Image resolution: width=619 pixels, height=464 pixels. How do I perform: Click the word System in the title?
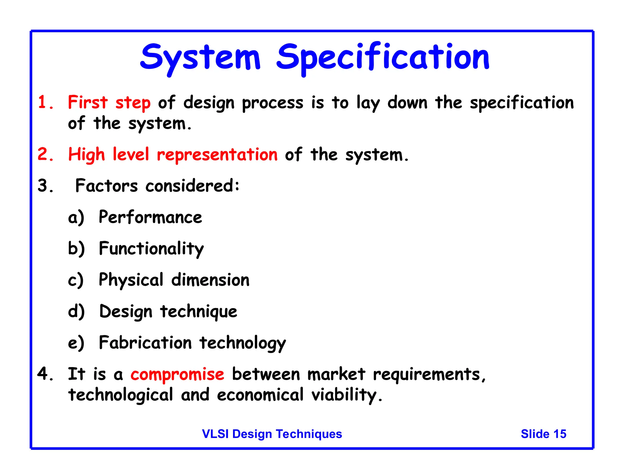coord(200,57)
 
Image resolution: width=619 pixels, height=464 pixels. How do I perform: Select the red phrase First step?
coord(109,102)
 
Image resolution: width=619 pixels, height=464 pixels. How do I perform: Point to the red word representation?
coord(217,155)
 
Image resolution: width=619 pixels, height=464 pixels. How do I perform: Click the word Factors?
coord(106,185)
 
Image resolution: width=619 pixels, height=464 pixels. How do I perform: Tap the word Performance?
coord(150,217)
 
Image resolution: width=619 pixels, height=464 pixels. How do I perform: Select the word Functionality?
coord(151,249)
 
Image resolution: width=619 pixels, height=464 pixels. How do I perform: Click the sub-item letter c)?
coord(76,280)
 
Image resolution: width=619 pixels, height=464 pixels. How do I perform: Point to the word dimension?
coord(210,280)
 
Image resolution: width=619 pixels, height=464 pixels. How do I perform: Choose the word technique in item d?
coord(199,311)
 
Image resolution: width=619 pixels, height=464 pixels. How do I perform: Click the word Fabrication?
coord(145,343)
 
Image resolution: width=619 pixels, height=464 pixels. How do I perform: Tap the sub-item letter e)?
coord(76,343)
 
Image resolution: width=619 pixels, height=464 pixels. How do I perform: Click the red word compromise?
coord(177,374)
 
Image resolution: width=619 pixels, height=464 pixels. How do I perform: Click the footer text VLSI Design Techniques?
coord(272,434)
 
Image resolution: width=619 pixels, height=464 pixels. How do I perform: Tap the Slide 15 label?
coord(543,434)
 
